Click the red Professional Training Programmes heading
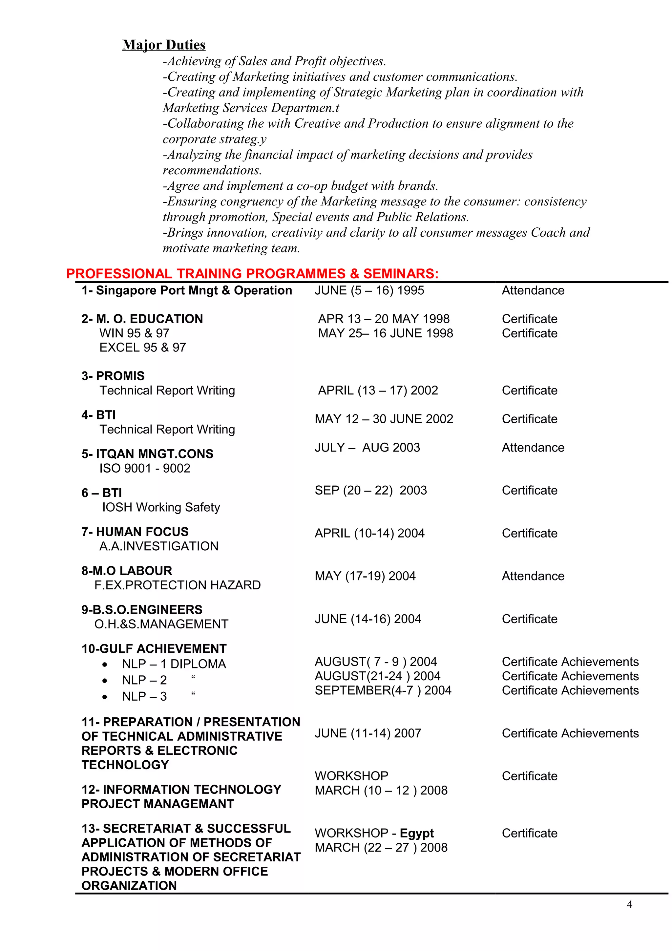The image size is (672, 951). click(252, 273)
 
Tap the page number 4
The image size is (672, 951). click(629, 904)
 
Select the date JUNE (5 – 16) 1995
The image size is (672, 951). click(369, 290)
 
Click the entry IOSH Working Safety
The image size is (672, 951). click(161, 507)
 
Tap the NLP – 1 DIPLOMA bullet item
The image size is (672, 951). click(174, 664)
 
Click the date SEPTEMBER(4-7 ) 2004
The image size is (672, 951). click(383, 690)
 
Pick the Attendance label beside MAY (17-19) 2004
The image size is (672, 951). click(533, 576)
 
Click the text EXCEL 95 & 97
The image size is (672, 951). click(142, 347)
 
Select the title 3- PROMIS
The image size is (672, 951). click(113, 376)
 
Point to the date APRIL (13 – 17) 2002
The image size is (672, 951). click(378, 390)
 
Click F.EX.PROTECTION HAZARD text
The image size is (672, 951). click(177, 585)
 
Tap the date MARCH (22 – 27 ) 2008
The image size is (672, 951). click(381, 847)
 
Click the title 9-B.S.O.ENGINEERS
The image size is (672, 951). click(142, 609)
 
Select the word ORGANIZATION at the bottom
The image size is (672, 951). click(129, 886)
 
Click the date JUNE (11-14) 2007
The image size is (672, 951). click(368, 733)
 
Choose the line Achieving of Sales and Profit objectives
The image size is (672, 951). click(274, 61)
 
